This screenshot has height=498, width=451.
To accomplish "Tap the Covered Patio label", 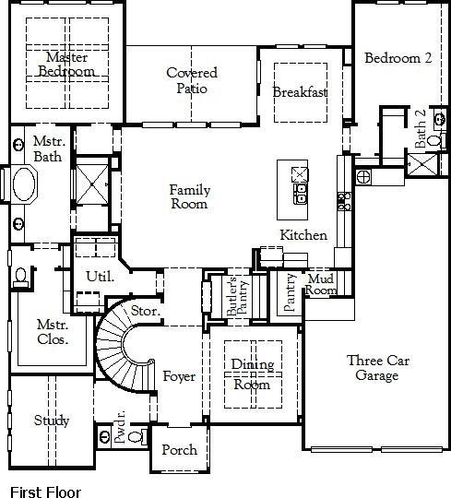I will [x=192, y=81].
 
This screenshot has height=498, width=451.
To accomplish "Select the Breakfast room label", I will [x=300, y=92].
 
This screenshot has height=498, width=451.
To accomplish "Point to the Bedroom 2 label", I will [x=398, y=58].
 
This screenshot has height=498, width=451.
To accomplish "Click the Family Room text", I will [x=189, y=197].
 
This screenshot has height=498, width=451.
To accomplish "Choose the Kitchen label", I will [x=303, y=235].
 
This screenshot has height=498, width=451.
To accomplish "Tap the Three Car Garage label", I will [x=373, y=368].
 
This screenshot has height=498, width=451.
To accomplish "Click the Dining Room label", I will [x=251, y=374].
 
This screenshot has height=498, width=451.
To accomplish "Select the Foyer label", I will [x=179, y=376].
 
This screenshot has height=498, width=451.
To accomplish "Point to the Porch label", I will [x=179, y=450].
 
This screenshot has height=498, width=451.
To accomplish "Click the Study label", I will [x=52, y=421].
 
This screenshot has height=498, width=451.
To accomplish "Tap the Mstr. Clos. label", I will [x=52, y=332].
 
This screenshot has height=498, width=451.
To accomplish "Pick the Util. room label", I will [x=99, y=276].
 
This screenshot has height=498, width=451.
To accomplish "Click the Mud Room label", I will [x=321, y=284].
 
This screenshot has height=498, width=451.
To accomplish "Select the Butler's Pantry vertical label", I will [x=232, y=298].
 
